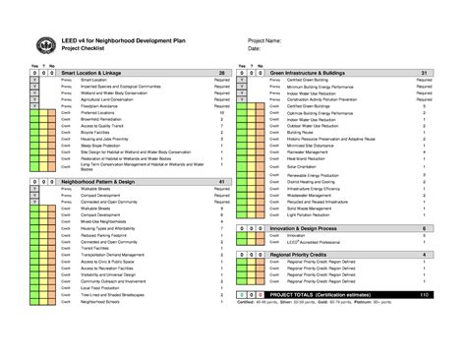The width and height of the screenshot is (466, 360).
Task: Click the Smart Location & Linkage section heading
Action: [x=93, y=73]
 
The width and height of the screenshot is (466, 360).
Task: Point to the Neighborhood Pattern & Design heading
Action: [x=100, y=183]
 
